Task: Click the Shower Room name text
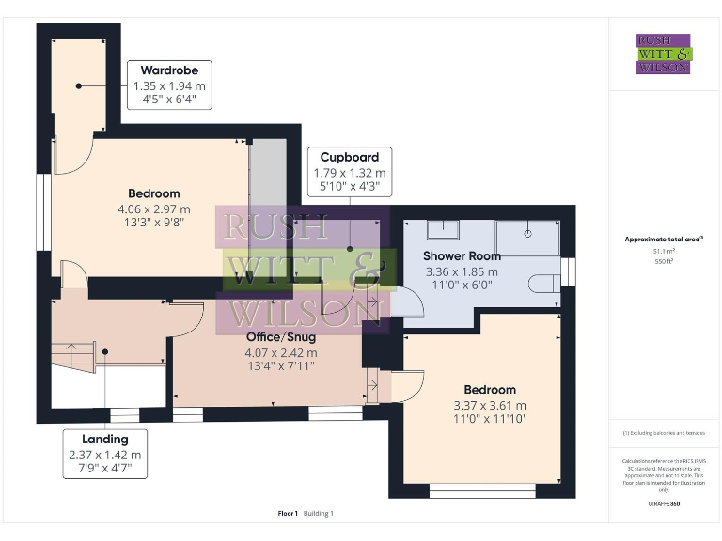tap(462, 255)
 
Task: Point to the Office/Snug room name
tap(281, 336)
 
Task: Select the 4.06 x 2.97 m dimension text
tap(154, 209)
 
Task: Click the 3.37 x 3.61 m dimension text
tap(490, 405)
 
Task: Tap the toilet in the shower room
tap(544, 283)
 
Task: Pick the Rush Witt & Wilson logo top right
tap(663, 54)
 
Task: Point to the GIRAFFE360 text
tap(663, 504)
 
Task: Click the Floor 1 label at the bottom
tap(288, 513)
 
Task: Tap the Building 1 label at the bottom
tap(318, 513)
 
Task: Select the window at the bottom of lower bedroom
tap(483, 489)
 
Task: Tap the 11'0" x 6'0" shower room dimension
tap(462, 286)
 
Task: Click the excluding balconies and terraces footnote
tap(663, 433)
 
